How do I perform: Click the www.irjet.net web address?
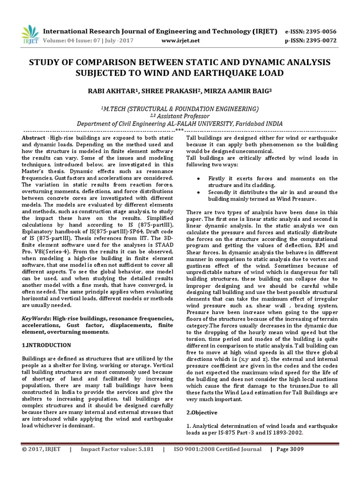[180, 41]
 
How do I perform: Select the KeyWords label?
[37, 318]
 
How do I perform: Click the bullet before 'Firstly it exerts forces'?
[200, 179]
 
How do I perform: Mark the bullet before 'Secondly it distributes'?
[200, 192]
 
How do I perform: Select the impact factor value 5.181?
[141, 449]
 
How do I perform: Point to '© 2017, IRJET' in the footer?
[42, 449]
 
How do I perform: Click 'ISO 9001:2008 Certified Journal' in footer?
[217, 449]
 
